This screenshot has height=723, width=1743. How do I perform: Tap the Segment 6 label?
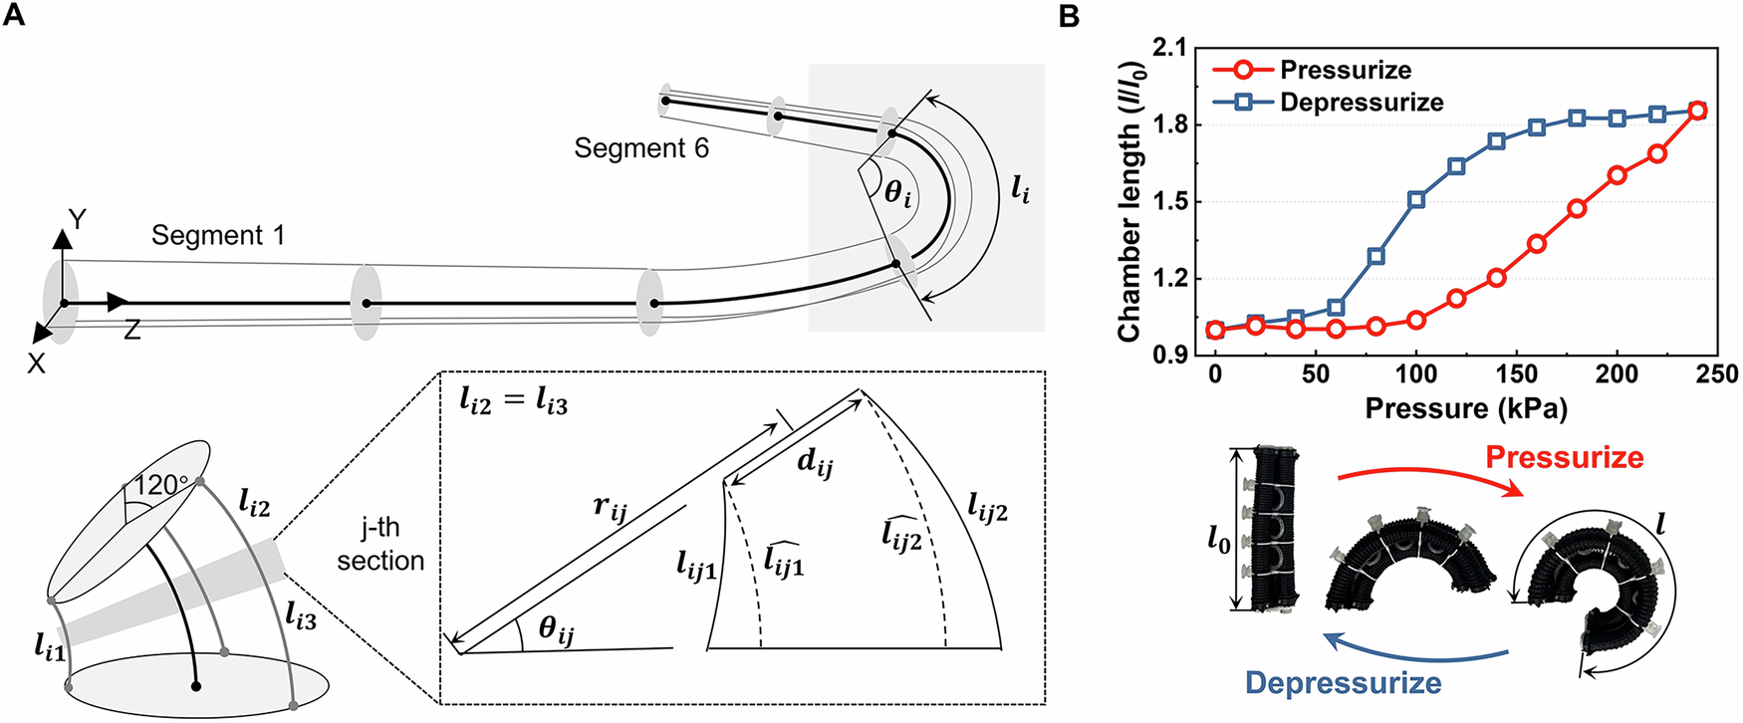point(641,148)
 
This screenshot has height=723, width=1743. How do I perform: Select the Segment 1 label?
point(218,235)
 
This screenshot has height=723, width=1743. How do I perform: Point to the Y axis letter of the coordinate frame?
point(77,218)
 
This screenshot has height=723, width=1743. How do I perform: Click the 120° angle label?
point(161,485)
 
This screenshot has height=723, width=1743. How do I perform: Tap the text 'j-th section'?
point(380,544)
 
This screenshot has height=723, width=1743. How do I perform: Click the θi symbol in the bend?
point(898,192)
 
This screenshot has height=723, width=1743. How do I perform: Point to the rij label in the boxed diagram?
point(611,507)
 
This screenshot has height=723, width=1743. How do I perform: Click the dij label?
point(815,461)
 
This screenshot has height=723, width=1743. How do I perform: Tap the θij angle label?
point(557,629)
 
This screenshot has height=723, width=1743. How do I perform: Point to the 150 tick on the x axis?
point(1517,374)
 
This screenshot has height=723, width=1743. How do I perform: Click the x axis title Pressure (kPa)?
point(1466,408)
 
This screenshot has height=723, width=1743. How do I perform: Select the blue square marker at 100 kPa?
point(1416,199)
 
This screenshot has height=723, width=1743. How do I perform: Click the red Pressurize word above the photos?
point(1564,457)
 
